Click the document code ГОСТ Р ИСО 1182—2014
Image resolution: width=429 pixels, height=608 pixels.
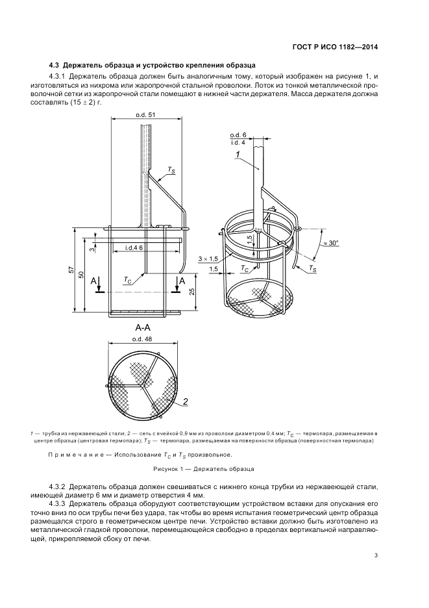[335, 47]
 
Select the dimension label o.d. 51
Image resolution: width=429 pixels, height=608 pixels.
[145, 115]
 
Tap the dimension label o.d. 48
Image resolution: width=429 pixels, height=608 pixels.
[142, 338]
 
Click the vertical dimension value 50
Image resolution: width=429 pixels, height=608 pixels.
[81, 275]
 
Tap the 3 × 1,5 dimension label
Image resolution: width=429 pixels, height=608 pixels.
[208, 258]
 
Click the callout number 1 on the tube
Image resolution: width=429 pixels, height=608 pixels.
[237, 155]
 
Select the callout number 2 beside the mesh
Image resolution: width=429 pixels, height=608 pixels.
[185, 401]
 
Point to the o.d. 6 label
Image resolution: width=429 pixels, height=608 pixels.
[238, 135]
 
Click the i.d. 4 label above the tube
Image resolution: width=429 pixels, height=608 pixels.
[238, 142]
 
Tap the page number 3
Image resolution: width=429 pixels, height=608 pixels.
[376, 555]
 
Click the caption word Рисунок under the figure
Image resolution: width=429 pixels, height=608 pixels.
[165, 469]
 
